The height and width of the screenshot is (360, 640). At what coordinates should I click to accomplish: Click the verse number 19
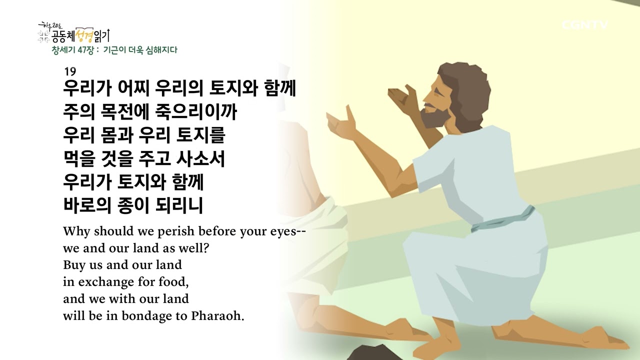point(69,71)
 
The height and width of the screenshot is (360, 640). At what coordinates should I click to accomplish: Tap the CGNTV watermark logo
point(584,25)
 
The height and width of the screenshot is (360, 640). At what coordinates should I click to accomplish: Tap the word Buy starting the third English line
point(73,265)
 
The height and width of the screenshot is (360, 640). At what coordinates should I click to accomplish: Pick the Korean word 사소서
point(200,159)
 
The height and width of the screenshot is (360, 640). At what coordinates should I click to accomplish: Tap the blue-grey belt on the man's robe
point(500,220)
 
